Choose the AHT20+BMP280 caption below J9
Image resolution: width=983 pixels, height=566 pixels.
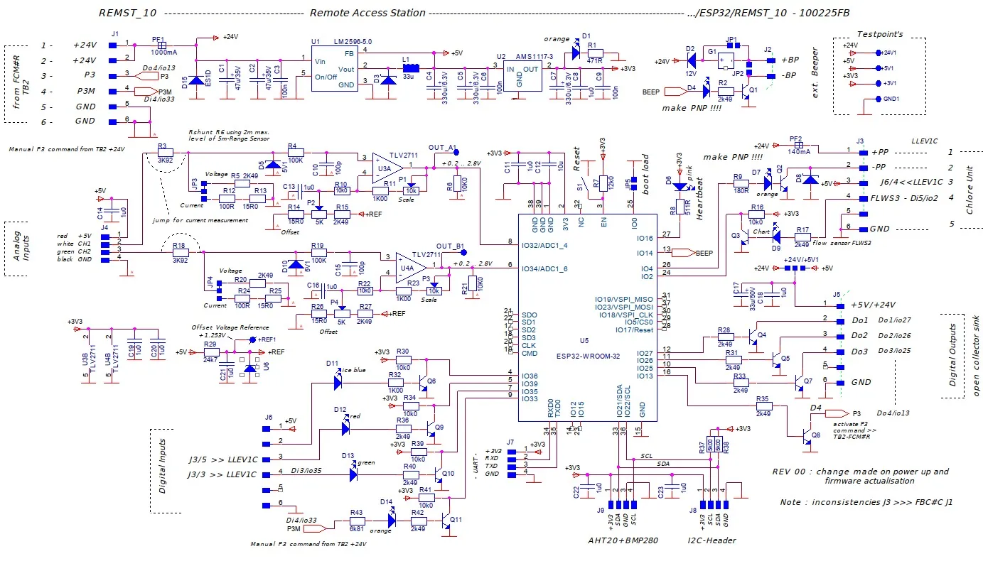point(623,540)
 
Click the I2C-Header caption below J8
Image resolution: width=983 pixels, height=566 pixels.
point(711,540)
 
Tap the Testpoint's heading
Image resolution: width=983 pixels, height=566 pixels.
point(879,34)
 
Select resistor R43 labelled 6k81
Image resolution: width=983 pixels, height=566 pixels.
point(357,521)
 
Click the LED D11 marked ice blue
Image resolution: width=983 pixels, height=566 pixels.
point(338,381)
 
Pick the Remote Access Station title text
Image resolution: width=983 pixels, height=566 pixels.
point(367,13)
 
